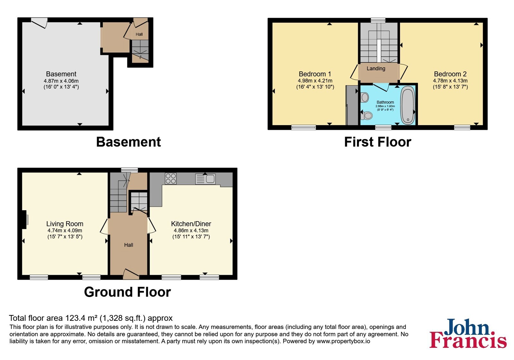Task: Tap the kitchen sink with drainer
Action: point(205,179)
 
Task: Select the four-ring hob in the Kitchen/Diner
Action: point(171,178)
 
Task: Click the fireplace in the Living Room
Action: point(25,220)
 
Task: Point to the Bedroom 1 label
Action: point(315,74)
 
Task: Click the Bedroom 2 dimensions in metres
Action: point(450,81)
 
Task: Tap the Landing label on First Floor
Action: point(376,68)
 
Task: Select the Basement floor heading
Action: point(128,142)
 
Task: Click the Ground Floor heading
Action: point(127,292)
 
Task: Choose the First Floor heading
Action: point(378,142)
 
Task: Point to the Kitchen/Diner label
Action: point(191,224)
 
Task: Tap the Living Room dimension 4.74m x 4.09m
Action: point(65,230)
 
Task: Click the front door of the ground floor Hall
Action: point(131,274)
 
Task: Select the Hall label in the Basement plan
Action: point(139,34)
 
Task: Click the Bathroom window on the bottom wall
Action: point(383,127)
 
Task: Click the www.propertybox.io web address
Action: point(343,341)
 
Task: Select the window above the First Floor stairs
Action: point(378,20)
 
